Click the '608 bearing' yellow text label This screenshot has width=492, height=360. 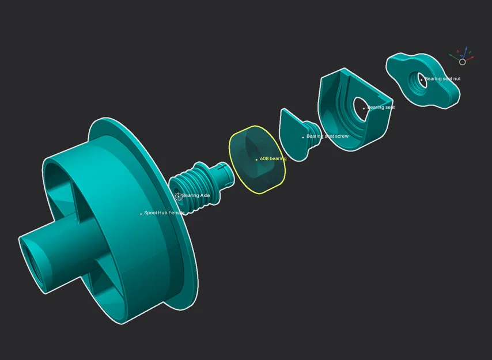273,158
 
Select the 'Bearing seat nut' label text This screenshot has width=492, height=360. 442,79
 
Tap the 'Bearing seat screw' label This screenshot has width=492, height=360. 327,137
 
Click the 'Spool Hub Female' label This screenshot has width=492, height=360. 164,213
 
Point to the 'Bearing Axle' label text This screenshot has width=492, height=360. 196,196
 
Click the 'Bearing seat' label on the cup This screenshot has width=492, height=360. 381,108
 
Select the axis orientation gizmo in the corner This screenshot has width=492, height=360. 462,56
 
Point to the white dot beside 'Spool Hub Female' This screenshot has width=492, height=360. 141,214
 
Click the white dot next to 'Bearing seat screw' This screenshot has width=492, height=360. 304,137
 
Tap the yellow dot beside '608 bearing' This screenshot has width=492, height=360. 257,159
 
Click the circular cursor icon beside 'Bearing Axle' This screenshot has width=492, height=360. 178,196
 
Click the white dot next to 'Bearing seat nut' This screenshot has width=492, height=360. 422,79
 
